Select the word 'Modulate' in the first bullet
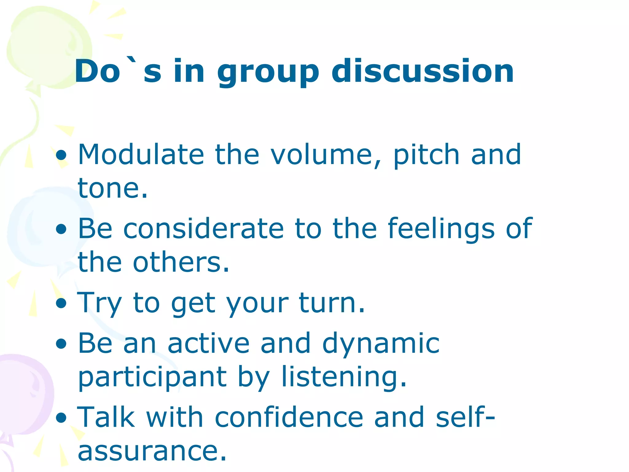click(x=141, y=154)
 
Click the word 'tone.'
click(x=113, y=188)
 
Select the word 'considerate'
click(x=203, y=229)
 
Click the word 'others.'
click(x=181, y=262)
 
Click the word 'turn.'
click(x=332, y=303)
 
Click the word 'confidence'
click(x=289, y=417)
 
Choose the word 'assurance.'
click(x=152, y=451)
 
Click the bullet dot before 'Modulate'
click(x=61, y=155)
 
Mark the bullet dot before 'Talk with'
click(x=61, y=418)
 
